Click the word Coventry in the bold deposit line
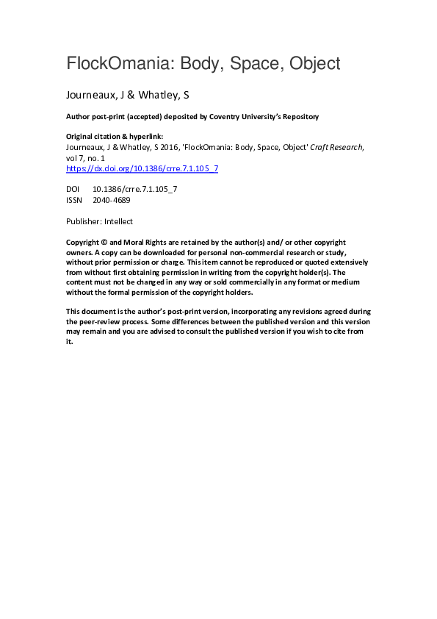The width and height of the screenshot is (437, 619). click(217, 117)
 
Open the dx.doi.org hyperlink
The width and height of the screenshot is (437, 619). click(142, 168)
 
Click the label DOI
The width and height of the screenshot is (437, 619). click(73, 189)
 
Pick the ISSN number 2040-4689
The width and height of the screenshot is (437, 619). click(112, 199)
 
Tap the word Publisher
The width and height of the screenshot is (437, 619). click(84, 221)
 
